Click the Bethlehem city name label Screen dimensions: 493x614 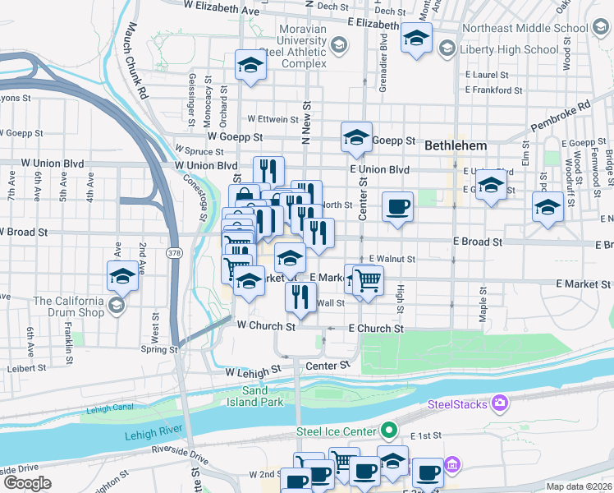click(456, 145)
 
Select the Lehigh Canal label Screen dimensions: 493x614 click(109, 408)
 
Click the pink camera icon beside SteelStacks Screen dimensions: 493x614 click(499, 403)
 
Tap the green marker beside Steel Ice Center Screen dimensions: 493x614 click(390, 430)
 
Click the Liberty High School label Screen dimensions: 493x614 click(506, 49)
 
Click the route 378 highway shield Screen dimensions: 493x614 click(175, 251)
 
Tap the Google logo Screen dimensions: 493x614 click(26, 482)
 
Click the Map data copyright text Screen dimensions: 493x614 click(578, 486)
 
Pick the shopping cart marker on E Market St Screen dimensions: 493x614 click(368, 281)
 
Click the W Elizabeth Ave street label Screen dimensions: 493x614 click(222, 7)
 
